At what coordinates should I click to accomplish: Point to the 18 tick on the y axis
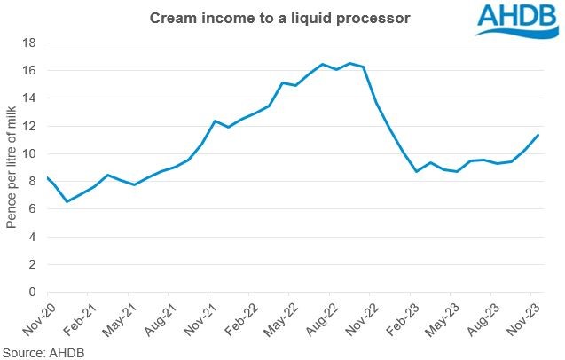pyautogui.click(x=31, y=43)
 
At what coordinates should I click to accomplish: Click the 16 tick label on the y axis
pyautogui.click(x=31, y=70)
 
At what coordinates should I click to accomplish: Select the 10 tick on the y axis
pyautogui.click(x=31, y=153)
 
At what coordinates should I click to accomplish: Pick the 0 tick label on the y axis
pyautogui.click(x=35, y=292)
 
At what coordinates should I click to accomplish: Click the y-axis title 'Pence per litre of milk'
pyautogui.click(x=12, y=167)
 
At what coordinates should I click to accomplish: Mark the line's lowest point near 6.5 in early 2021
pyautogui.click(x=67, y=201)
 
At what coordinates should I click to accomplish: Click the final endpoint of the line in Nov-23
pyautogui.click(x=538, y=135)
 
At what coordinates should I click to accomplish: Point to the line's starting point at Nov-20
pyautogui.click(x=46, y=176)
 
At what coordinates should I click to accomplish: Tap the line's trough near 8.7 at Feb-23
pyautogui.click(x=417, y=171)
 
